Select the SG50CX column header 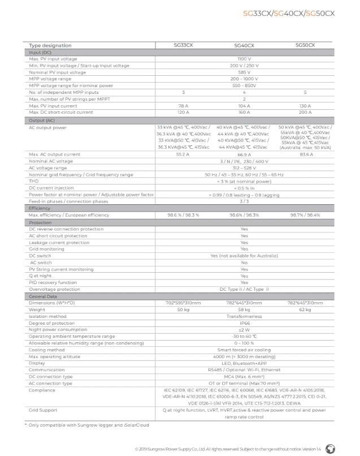[305, 45]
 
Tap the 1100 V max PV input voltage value [244, 59]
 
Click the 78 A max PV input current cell [183, 106]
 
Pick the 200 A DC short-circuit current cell [305, 113]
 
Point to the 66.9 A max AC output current [244, 154]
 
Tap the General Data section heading [43, 296]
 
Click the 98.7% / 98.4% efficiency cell [305, 216]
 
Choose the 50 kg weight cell [183, 309]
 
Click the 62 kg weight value [305, 309]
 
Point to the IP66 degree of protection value [244, 323]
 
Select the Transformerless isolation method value [244, 316]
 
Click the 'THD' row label [33, 181]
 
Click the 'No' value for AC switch [244, 263]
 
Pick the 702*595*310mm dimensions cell [183, 303]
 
